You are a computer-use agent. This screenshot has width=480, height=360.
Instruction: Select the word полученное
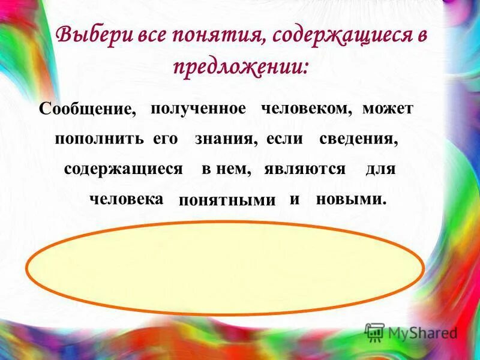[x=198, y=109]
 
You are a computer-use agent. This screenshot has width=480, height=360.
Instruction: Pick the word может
[x=388, y=109]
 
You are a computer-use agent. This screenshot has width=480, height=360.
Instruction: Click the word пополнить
[x=99, y=139]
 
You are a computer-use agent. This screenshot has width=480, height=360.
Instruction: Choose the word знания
[x=226, y=139]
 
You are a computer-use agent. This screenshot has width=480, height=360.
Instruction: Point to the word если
[x=284, y=139]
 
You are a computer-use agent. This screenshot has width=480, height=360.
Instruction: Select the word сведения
[x=359, y=139]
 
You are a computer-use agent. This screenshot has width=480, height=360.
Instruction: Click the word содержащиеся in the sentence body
[x=123, y=169]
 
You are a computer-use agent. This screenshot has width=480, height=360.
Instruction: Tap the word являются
[x=305, y=169]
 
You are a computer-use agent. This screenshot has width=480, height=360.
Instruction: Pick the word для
[x=380, y=169]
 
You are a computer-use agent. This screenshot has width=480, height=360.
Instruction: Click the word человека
[x=126, y=199]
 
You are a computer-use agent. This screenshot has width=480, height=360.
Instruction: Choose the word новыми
[x=350, y=199]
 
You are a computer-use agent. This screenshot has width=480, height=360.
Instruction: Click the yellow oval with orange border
[x=226, y=268]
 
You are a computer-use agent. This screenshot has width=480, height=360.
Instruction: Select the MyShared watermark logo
[x=411, y=332]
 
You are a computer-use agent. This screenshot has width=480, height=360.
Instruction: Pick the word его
[x=166, y=139]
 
